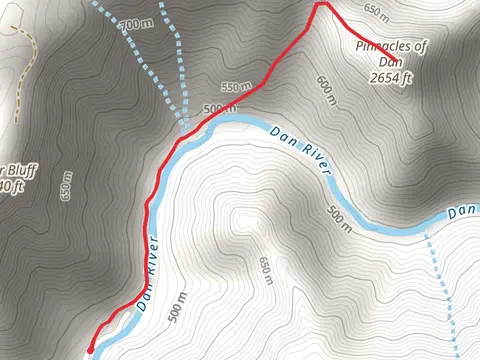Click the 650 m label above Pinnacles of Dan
pyautogui.click(x=375, y=13)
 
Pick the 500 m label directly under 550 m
pyautogui.click(x=219, y=107)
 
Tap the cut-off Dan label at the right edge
pyautogui.click(x=463, y=212)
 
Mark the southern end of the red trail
pyautogui.click(x=91, y=349)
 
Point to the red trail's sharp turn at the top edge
pyautogui.click(x=321, y=4)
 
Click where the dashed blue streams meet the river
pyautogui.click(x=187, y=127)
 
